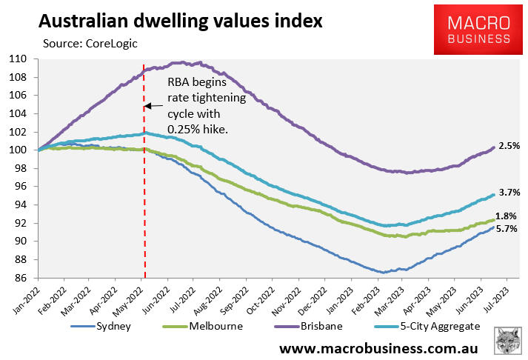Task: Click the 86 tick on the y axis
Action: click(19, 278)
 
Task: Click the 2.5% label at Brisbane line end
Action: click(509, 147)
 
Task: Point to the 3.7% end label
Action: click(509, 193)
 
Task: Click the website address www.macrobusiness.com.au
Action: click(378, 347)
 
